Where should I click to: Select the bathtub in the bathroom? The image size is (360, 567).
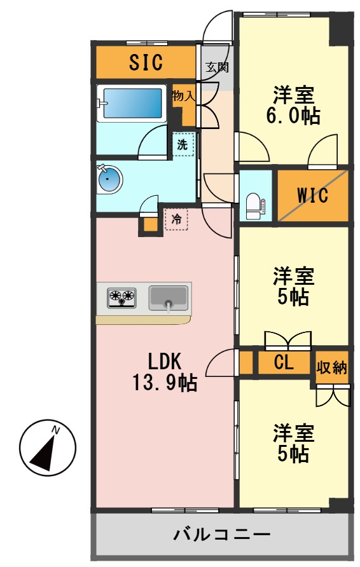pyautogui.click(x=132, y=103)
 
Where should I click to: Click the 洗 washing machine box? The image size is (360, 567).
pyautogui.click(x=183, y=144)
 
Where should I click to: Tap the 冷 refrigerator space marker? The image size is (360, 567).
pyautogui.click(x=176, y=219)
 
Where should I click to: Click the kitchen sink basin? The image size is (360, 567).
pyautogui.click(x=168, y=297)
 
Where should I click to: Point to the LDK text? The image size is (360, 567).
pyautogui.click(x=165, y=361)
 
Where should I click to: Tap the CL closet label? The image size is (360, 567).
pyautogui.click(x=283, y=364)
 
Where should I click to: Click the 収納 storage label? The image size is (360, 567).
pyautogui.click(x=332, y=367)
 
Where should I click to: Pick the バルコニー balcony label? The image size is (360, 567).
pyautogui.click(x=222, y=534)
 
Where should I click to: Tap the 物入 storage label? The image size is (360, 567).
pyautogui.click(x=183, y=96)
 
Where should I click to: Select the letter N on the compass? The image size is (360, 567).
pyautogui.click(x=57, y=430)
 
